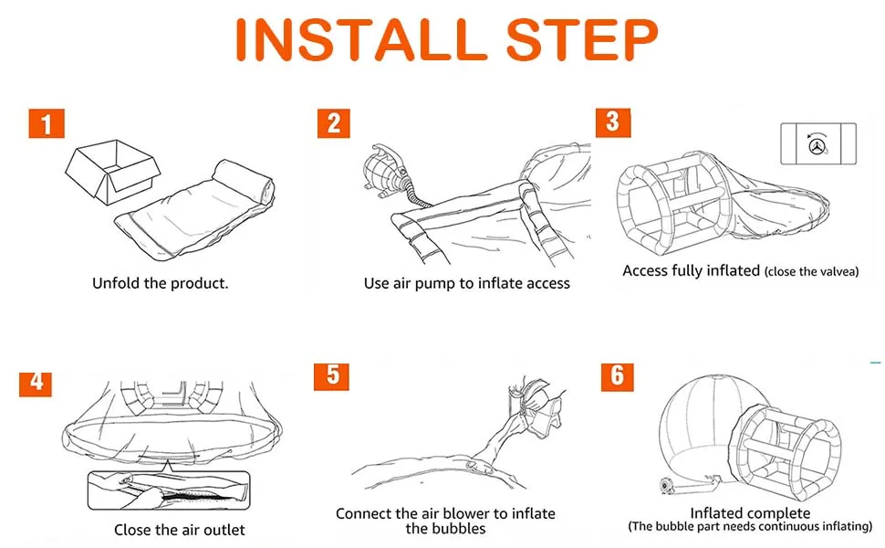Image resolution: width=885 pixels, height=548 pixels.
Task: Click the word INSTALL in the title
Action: click(361, 39)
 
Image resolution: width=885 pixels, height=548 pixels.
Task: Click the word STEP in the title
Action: click(582, 39)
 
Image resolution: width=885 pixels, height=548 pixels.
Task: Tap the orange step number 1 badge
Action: click(47, 123)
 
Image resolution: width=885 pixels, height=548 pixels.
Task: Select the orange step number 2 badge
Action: click(334, 123)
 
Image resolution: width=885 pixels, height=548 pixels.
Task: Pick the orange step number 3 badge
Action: click(613, 122)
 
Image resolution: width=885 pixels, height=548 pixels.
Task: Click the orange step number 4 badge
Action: click(36, 382)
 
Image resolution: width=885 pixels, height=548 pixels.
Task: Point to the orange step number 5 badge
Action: click(331, 377)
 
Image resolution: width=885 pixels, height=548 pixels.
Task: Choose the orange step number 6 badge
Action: click(618, 377)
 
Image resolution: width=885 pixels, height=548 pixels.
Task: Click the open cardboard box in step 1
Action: click(111, 171)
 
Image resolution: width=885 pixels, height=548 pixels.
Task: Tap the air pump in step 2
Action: click(384, 171)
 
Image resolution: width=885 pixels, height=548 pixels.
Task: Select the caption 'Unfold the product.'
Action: click(161, 283)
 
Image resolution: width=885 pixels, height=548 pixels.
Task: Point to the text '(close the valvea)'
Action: click(812, 272)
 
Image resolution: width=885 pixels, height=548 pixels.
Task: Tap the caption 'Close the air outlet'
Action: click(180, 530)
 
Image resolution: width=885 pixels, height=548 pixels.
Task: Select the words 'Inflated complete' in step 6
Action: click(750, 513)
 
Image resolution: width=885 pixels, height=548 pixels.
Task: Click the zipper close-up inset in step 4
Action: click(168, 490)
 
